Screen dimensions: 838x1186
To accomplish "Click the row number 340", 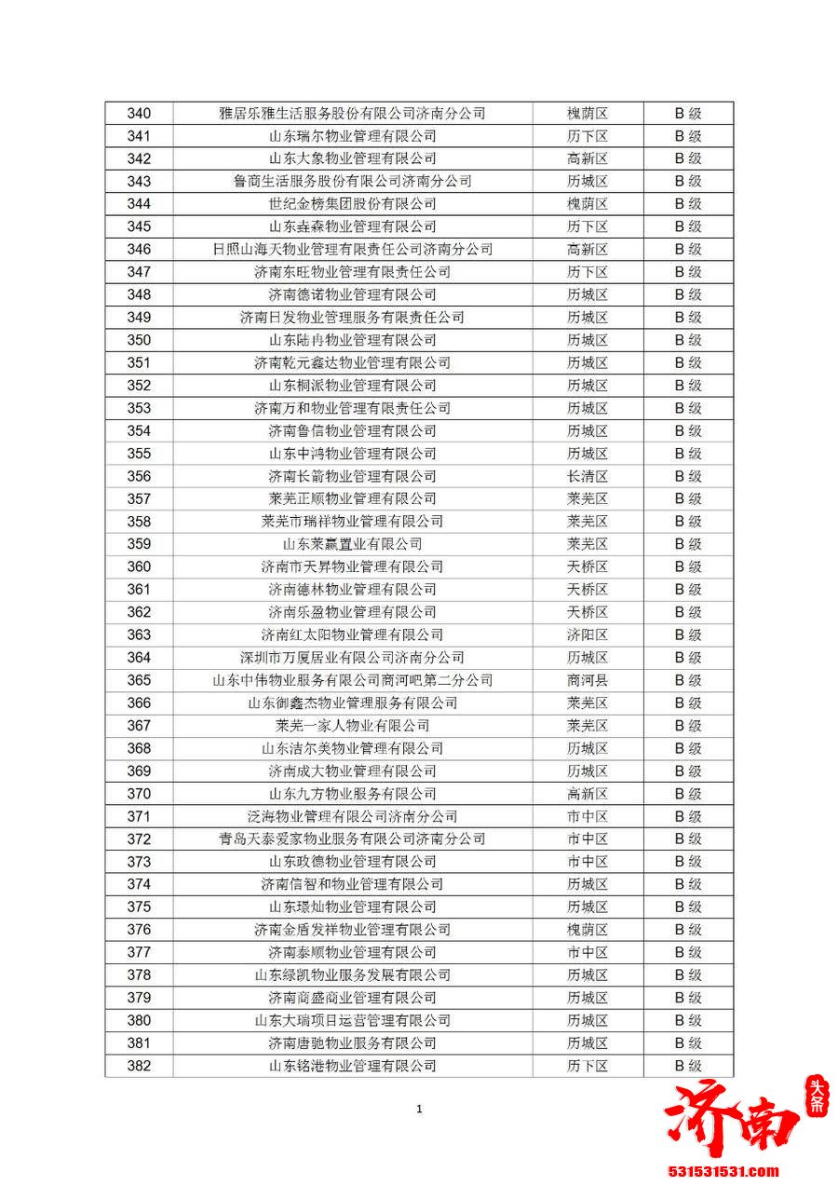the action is pos(139,114).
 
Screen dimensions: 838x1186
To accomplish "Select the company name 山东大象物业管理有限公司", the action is pos(352,158).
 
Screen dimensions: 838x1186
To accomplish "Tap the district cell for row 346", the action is pos(587,250).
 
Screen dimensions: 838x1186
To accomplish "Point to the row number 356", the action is pos(139,476).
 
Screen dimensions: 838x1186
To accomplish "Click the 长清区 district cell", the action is pos(587,476).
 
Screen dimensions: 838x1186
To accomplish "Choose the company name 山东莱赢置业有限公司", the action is pos(352,544).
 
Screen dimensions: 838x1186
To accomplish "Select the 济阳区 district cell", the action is pos(587,634).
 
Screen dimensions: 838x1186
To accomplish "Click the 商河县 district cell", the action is pos(587,680).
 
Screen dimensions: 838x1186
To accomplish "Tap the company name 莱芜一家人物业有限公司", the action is pos(352,726).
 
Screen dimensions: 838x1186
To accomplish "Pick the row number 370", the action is pos(139,794).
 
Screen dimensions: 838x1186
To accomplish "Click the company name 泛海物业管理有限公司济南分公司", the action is pos(352,816).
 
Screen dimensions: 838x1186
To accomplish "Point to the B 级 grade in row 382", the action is pos(688,1066).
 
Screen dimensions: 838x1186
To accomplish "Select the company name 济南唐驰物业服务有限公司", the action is pos(352,1043).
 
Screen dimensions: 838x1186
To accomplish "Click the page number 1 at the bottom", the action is pos(419,1109).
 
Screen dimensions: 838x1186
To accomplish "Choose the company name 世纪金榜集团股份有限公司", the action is pos(352,204).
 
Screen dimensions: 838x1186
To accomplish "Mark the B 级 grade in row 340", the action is pos(688,114).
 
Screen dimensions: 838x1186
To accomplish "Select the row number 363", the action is pos(139,634).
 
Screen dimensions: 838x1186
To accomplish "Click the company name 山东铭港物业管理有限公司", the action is pos(352,1066).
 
